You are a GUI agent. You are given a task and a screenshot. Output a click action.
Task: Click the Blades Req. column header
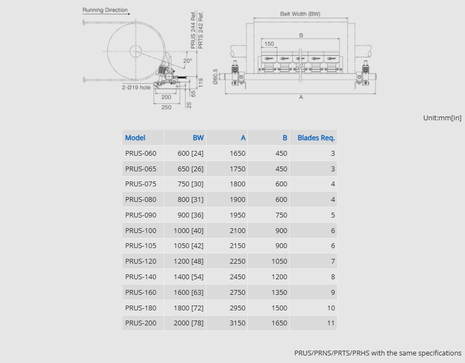tap(316, 138)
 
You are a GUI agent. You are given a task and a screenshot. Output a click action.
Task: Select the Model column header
tap(135, 138)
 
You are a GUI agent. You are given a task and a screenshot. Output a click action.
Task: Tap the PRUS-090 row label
tap(140, 215)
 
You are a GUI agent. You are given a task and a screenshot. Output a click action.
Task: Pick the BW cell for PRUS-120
tap(189, 262)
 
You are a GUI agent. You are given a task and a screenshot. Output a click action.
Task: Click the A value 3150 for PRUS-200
tap(238, 323)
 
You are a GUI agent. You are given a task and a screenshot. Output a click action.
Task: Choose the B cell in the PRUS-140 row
tap(280, 277)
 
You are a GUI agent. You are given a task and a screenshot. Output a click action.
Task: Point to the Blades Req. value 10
tap(331, 308)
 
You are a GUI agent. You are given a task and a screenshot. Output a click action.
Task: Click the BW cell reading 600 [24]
tap(191, 154)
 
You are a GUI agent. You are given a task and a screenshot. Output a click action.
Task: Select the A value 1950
tap(238, 215)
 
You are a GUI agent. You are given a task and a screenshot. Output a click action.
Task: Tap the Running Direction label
tap(105, 10)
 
